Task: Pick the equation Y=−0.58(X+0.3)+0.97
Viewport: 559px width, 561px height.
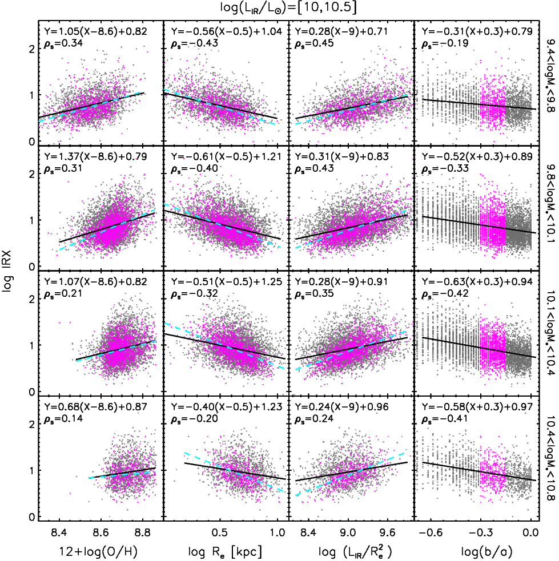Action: click(x=477, y=406)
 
